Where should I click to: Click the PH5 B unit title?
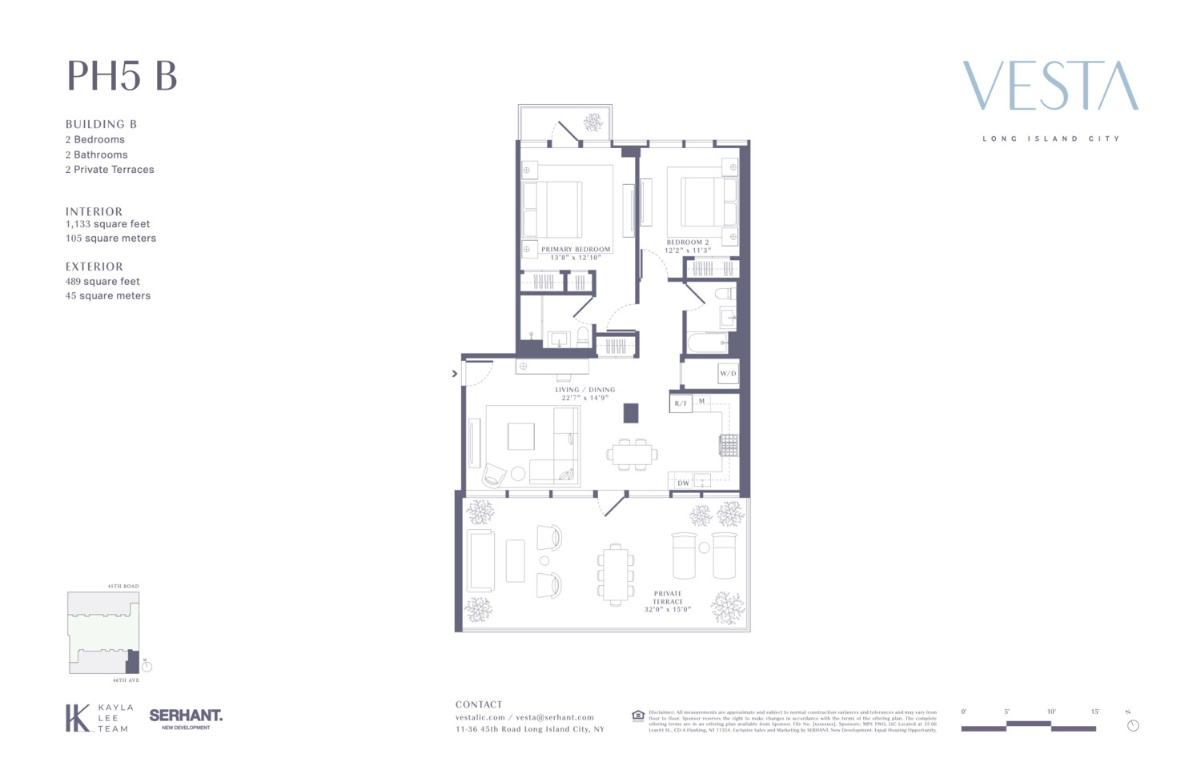point(122,76)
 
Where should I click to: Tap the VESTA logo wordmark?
point(1050,86)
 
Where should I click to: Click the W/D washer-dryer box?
point(727,374)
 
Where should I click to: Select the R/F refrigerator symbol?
point(681,403)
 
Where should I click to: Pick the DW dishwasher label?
point(683,483)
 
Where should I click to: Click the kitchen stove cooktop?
point(728,445)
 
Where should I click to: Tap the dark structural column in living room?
point(631,413)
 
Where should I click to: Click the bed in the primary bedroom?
point(552,209)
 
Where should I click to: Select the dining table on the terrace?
point(615,574)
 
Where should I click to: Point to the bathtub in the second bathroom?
point(708,343)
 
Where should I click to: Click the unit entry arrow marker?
point(455,373)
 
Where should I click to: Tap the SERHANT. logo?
point(186,716)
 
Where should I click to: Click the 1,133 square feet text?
point(108,224)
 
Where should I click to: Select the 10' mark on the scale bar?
point(1050,712)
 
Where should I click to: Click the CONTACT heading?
point(479,704)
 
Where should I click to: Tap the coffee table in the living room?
point(520,436)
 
